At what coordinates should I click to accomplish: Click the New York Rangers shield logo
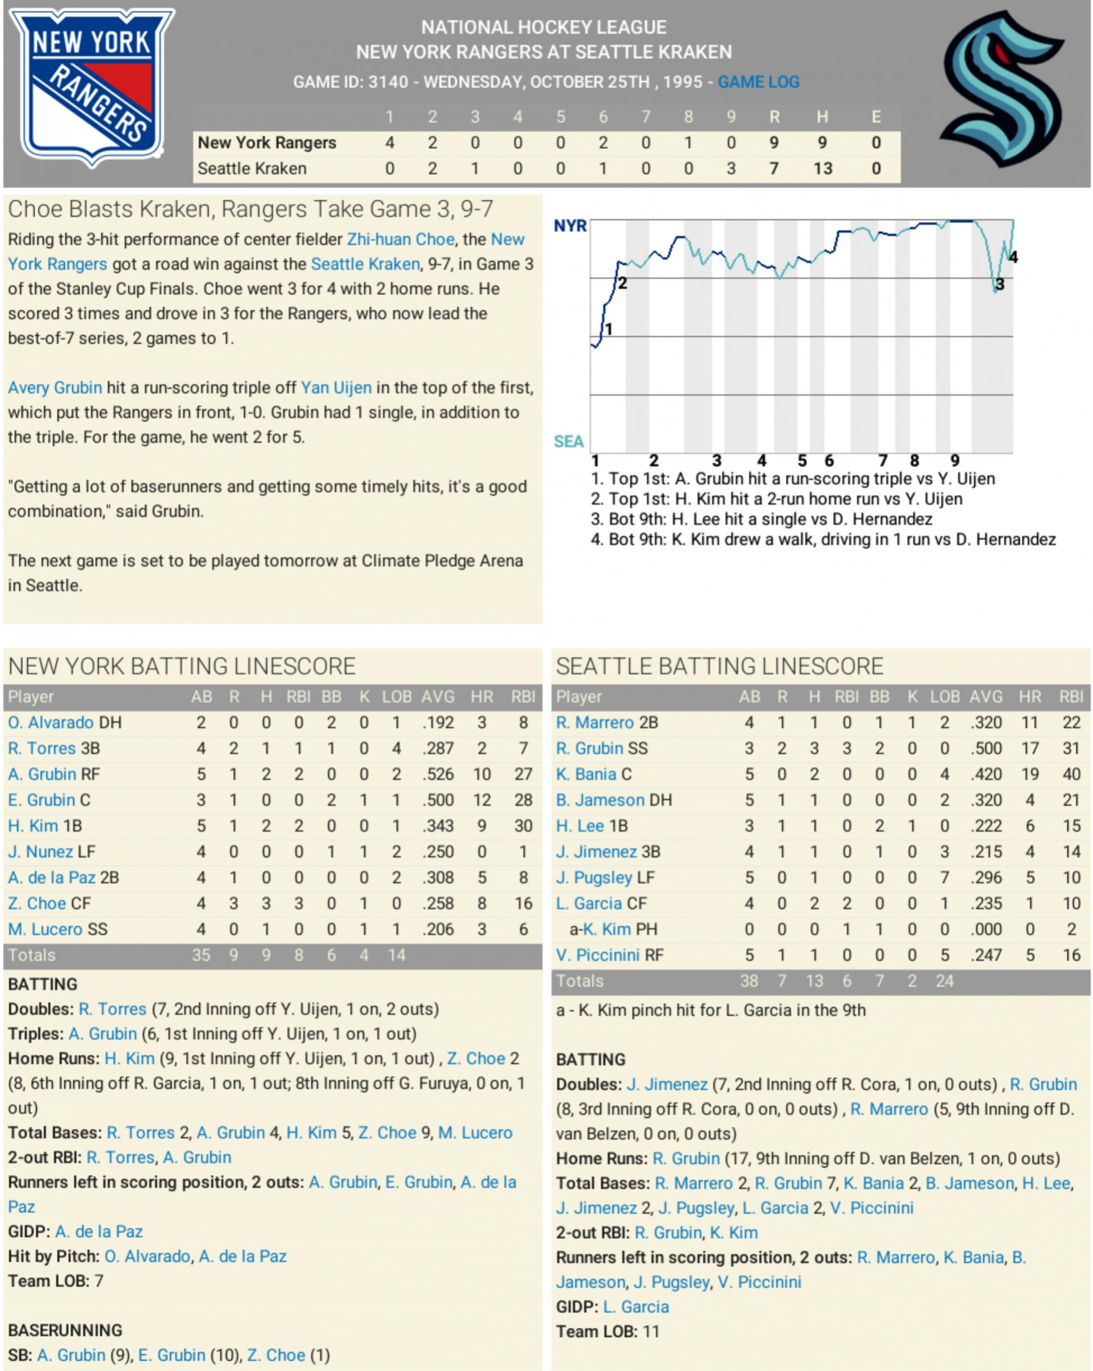point(91,87)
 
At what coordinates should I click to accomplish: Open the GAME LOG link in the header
point(758,82)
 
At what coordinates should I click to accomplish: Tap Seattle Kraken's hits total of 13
point(822,169)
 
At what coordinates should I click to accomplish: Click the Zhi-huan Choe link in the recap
point(400,239)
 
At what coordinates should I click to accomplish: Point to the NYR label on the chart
point(570,226)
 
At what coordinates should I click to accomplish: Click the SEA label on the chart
point(569,441)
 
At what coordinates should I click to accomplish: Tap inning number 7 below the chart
point(882,460)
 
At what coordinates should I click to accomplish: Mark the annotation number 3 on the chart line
point(1000,284)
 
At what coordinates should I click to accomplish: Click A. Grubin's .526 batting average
point(438,774)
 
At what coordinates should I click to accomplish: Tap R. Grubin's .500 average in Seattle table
point(986,748)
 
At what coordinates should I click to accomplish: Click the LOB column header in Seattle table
point(945,697)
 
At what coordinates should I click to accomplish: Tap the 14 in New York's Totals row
point(397,955)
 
